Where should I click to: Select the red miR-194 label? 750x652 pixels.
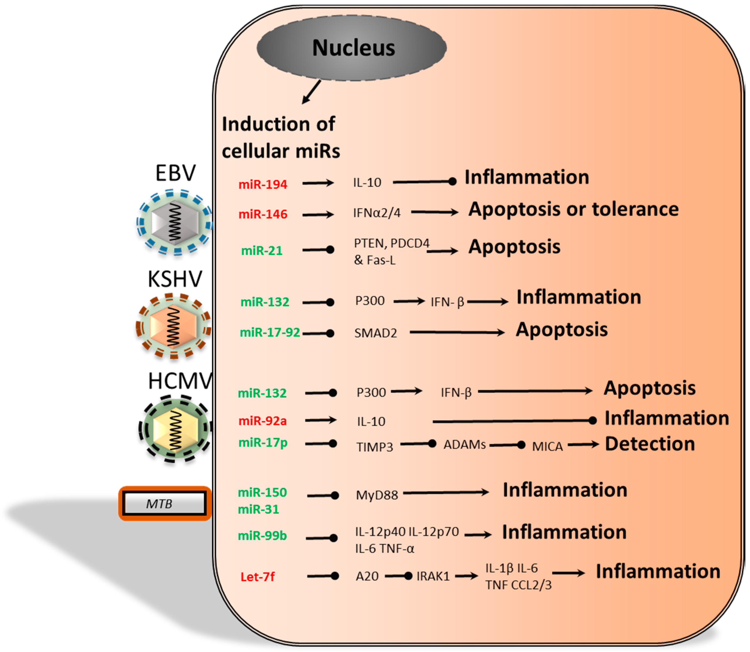click(262, 184)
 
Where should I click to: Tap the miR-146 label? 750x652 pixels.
click(262, 214)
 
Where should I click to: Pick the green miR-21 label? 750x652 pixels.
click(262, 251)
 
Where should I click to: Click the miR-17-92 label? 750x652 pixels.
click(270, 332)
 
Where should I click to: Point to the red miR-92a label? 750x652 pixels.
click(262, 421)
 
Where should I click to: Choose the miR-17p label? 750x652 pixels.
click(262, 443)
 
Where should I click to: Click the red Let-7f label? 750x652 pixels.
click(258, 577)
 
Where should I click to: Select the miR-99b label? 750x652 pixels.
click(262, 536)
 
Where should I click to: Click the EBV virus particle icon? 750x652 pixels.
click(175, 222)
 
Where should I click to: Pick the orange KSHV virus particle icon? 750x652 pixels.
click(173, 326)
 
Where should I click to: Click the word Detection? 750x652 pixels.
click(650, 444)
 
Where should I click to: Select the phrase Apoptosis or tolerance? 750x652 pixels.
click(573, 209)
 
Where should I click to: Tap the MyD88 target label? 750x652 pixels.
click(377, 495)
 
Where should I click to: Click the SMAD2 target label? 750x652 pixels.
click(376, 333)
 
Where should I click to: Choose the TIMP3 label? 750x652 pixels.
click(374, 447)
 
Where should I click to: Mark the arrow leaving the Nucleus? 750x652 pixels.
click(312, 92)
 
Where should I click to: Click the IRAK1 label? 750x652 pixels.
click(433, 576)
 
